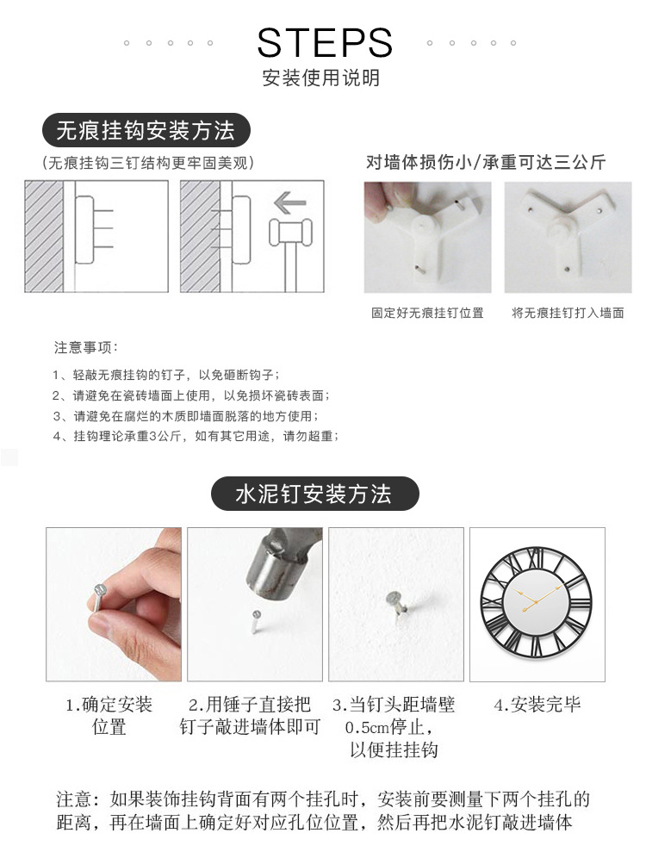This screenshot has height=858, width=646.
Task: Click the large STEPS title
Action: [325, 42]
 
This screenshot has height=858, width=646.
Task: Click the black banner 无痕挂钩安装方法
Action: [146, 131]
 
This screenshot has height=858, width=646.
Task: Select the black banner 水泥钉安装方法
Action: [314, 494]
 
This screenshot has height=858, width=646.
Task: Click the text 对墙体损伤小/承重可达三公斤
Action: [486, 162]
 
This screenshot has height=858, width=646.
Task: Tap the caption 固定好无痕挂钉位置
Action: [427, 313]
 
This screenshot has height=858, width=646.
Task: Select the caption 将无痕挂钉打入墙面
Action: [568, 313]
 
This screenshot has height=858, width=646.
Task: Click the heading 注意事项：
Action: [86, 348]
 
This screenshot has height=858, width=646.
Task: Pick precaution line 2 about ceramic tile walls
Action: [190, 395]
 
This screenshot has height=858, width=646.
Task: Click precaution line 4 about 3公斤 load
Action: [196, 436]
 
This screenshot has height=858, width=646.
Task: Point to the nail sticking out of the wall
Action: [395, 604]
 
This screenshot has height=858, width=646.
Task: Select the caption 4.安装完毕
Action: [537, 706]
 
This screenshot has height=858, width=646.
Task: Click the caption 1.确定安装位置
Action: [109, 715]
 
